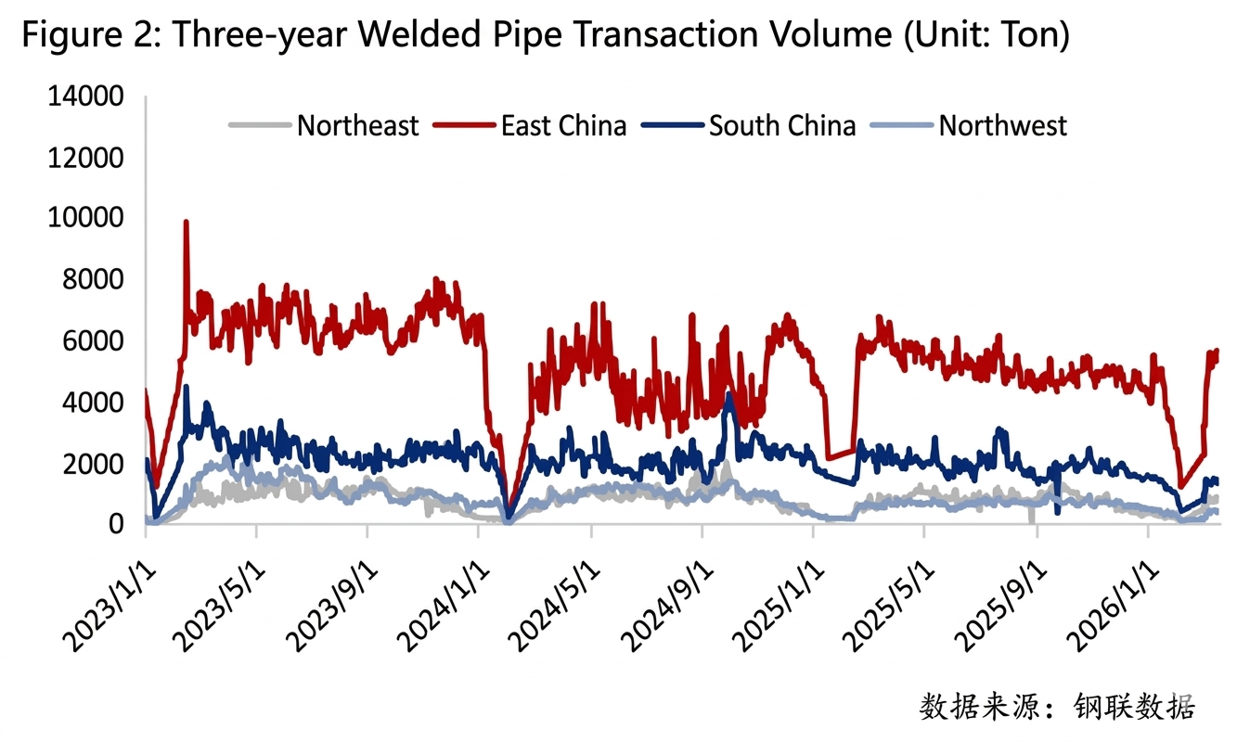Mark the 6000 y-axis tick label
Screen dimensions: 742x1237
point(91,341)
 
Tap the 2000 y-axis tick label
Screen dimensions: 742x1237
point(91,464)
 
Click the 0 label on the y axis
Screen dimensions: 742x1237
point(115,525)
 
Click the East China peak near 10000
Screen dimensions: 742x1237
point(187,223)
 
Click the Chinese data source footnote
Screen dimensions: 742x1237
point(1057,707)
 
